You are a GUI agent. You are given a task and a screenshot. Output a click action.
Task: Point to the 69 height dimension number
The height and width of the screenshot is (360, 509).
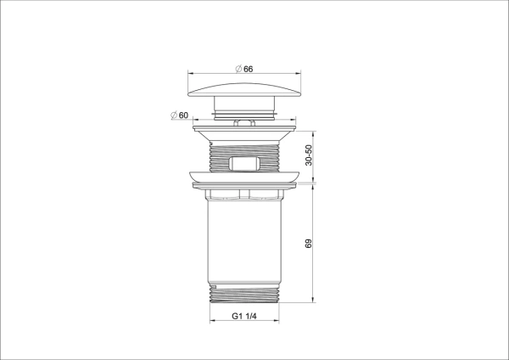point(310,243)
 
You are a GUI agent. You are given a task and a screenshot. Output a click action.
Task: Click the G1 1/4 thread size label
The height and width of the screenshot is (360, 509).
point(245,316)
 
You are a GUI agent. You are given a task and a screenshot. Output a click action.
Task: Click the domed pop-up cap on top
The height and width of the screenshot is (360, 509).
point(244,89)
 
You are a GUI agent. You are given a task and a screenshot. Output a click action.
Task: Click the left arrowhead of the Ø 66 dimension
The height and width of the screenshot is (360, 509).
point(190,75)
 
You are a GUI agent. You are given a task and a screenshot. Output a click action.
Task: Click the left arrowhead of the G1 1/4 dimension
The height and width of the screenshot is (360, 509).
point(210,323)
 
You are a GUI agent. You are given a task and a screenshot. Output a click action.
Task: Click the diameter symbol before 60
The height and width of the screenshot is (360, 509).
point(173,115)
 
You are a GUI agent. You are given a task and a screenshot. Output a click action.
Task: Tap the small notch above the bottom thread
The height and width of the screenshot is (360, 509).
point(215,284)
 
